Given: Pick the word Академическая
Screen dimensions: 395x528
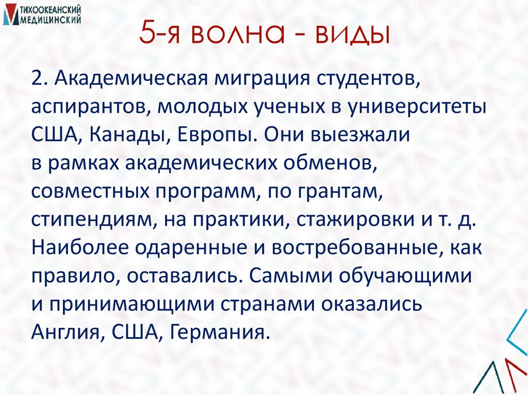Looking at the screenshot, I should point(127,80).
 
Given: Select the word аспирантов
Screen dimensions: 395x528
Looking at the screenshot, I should point(90,108).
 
